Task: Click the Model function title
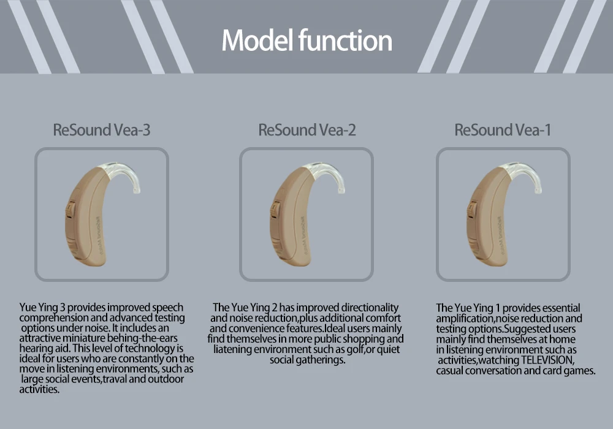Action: [x=306, y=41]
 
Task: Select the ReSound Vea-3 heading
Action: [x=102, y=130]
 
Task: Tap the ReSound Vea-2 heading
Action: [x=307, y=130]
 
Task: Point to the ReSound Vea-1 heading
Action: [x=503, y=130]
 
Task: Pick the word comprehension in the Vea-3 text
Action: [x=55, y=318]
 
